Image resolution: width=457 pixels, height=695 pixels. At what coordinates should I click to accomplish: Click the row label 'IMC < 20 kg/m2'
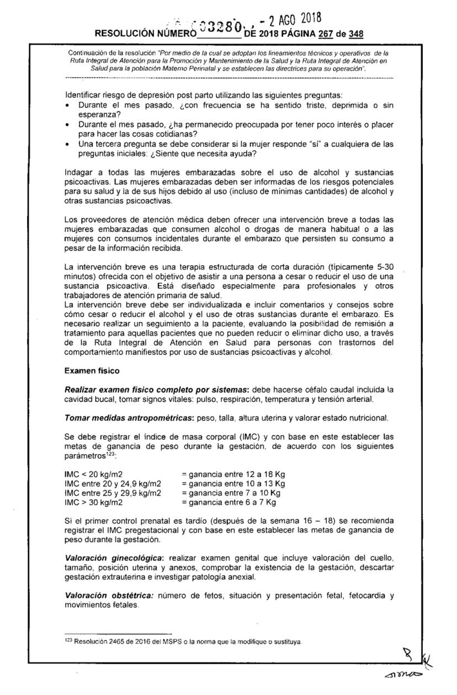pos(93,474)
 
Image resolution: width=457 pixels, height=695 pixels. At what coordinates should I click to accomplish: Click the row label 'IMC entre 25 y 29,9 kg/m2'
pos(113,493)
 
